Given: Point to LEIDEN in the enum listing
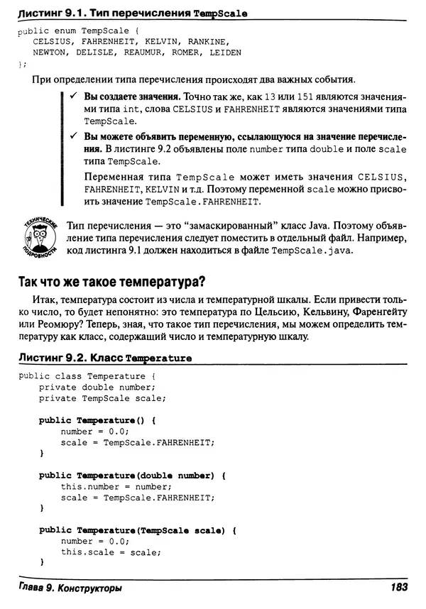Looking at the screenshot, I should click(x=224, y=53).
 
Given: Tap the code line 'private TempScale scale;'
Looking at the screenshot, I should click(x=99, y=398).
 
